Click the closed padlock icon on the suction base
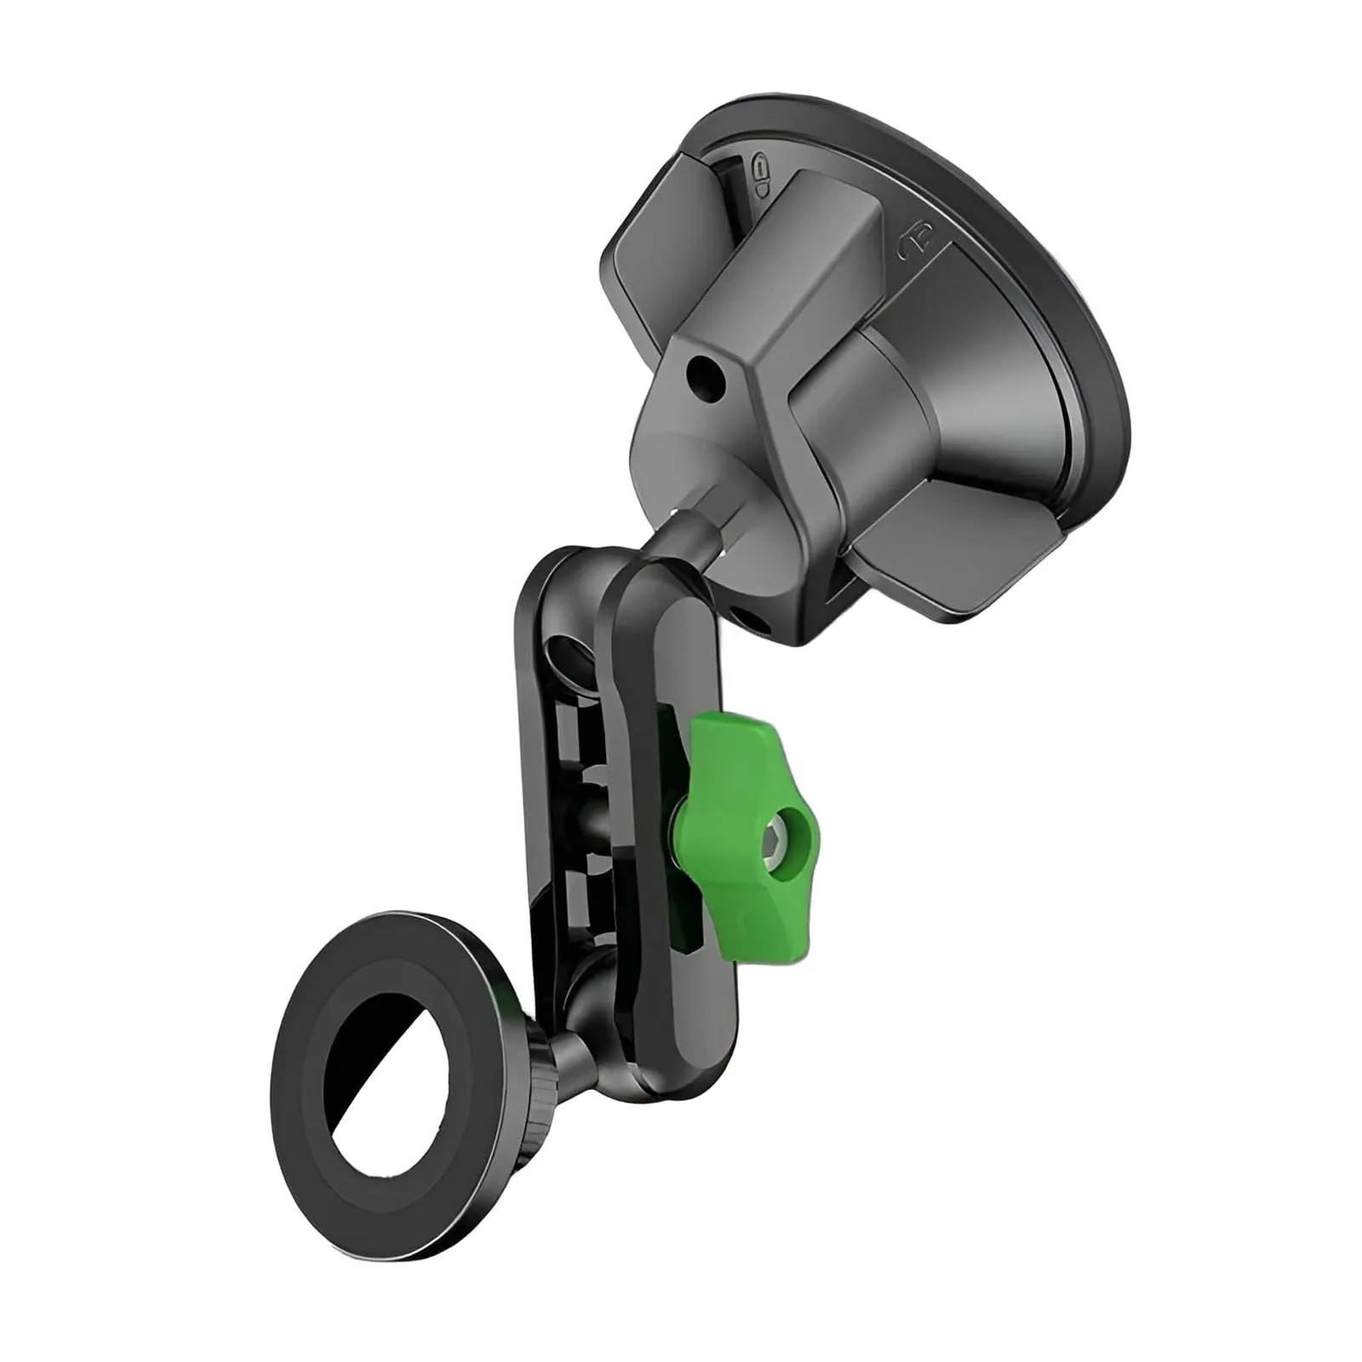coord(760,174)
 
